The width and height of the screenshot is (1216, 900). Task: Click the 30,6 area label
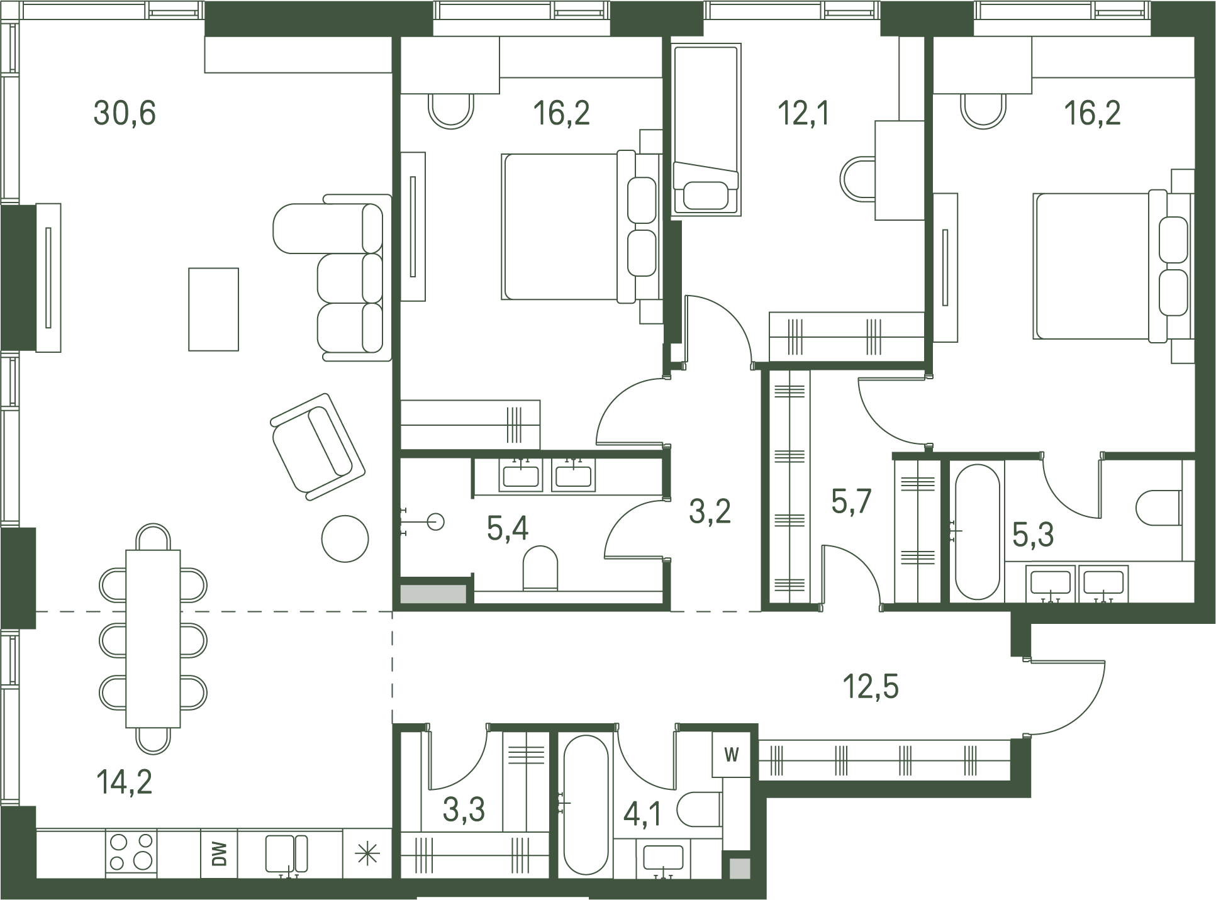pyautogui.click(x=125, y=114)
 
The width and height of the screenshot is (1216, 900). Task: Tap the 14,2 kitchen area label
pyautogui.click(x=124, y=782)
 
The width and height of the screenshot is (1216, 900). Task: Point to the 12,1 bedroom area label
pyautogui.click(x=804, y=114)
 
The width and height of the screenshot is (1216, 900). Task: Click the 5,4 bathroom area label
pyautogui.click(x=508, y=528)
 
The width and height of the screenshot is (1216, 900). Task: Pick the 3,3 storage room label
pyautogui.click(x=464, y=810)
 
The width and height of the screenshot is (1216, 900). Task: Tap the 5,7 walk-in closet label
pyautogui.click(x=851, y=502)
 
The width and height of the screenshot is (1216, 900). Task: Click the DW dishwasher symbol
pyautogui.click(x=220, y=853)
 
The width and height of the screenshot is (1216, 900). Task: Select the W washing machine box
pyautogui.click(x=731, y=754)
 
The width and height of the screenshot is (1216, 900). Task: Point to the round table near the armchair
pyautogui.click(x=345, y=538)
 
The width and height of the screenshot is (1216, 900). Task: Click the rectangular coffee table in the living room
pyautogui.click(x=214, y=309)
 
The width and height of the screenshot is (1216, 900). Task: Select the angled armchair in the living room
pyautogui.click(x=318, y=447)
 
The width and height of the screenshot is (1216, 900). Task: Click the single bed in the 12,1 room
pyautogui.click(x=706, y=129)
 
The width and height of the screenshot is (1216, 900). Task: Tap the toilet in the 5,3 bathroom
pyautogui.click(x=1159, y=508)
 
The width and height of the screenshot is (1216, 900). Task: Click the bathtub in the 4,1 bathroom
pyautogui.click(x=586, y=805)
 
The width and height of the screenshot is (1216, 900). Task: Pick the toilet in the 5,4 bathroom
pyautogui.click(x=540, y=568)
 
